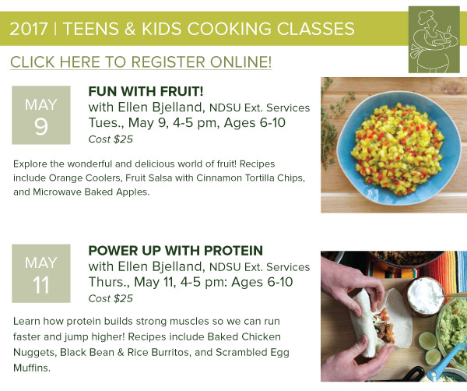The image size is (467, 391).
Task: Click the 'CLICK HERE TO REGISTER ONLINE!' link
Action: coord(141,62)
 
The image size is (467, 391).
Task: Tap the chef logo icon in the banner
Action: coord(434,40)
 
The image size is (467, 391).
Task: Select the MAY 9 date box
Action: coord(41,115)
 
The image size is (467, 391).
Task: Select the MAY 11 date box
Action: coord(41,273)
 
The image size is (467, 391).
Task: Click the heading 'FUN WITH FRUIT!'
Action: coord(146,91)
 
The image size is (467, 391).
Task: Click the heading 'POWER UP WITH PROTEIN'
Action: coord(176,251)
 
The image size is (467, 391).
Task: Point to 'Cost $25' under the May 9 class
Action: coord(111,139)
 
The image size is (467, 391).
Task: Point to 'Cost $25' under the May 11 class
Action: coord(111,298)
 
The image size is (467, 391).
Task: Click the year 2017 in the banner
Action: coord(29,29)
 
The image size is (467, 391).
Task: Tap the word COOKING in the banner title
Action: coord(229,29)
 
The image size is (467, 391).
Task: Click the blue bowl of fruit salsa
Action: coord(399,147)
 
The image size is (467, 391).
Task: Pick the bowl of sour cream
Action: coord(427,296)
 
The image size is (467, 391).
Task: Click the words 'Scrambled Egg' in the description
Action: coord(252,352)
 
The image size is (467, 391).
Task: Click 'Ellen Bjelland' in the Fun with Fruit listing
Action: coord(161,107)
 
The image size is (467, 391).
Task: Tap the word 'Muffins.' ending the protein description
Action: coord(32,368)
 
